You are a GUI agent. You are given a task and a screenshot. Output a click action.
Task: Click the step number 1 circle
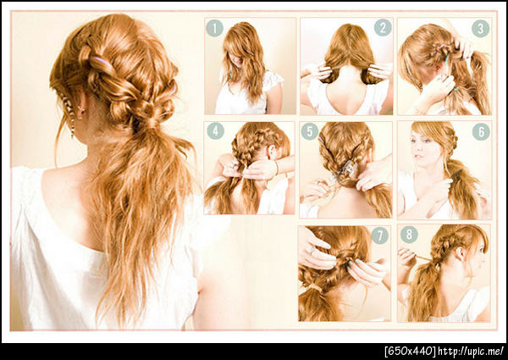point(214,28)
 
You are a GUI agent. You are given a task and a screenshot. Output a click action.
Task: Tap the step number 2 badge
point(383,27)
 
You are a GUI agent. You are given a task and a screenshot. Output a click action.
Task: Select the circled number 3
point(480,29)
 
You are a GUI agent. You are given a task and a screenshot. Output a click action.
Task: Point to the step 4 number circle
point(215,131)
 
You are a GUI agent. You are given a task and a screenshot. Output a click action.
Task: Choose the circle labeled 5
point(310,131)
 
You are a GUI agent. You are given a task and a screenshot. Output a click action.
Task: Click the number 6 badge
point(481,131)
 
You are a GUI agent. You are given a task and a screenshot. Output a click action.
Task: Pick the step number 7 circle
point(379,235)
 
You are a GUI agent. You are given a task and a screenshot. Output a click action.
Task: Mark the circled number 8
point(409,235)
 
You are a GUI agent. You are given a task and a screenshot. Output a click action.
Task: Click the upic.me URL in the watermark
point(471,352)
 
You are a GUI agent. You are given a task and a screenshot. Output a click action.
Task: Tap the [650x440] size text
point(410,352)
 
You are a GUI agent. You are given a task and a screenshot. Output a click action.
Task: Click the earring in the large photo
point(80,111)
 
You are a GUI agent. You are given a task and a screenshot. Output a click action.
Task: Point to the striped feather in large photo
point(69,113)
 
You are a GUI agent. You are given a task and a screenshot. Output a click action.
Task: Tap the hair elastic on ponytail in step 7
point(313,287)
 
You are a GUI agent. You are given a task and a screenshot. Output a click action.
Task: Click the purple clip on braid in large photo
point(101,60)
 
